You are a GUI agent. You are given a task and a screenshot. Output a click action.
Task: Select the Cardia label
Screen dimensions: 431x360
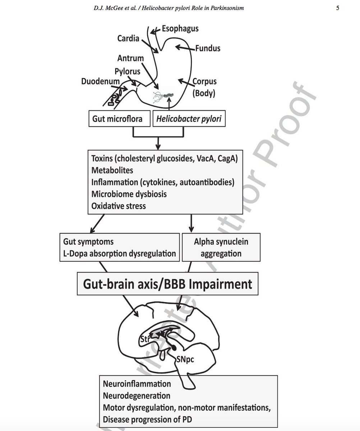[x=128, y=38]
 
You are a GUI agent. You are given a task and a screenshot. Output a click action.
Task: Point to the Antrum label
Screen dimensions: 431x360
[x=130, y=58]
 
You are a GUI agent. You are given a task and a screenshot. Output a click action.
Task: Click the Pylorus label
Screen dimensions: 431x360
[x=128, y=71]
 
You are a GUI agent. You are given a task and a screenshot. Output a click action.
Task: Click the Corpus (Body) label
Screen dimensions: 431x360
[x=204, y=88]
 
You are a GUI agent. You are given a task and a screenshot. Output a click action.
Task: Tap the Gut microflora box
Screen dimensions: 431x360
[x=119, y=119]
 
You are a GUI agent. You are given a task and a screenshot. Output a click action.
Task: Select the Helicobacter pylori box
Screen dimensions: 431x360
[x=189, y=119]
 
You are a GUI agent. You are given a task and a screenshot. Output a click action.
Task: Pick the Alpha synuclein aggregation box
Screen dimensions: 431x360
[x=221, y=247]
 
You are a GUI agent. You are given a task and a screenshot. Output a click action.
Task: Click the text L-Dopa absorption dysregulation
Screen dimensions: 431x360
[x=119, y=254]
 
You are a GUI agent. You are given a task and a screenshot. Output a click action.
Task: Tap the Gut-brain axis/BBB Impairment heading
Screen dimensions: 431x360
[x=168, y=284]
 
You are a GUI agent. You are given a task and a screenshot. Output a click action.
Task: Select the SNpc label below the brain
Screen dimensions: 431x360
[x=185, y=359]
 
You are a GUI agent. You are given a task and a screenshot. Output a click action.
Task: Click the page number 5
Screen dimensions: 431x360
[x=338, y=8]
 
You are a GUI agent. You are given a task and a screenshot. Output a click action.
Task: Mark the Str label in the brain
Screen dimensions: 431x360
[x=144, y=339]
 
